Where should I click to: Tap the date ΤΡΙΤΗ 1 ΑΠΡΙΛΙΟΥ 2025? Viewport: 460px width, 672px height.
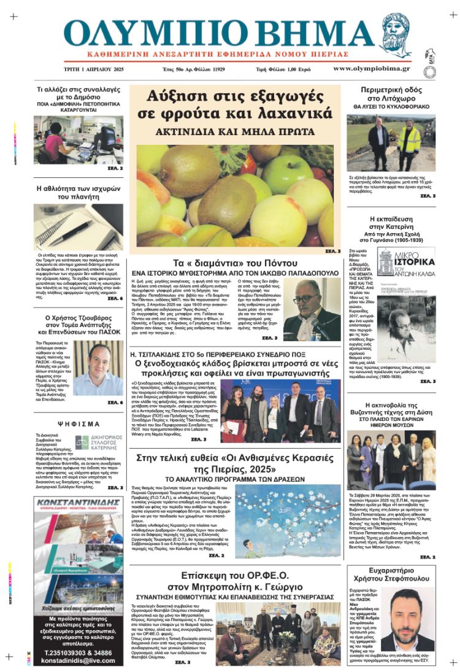click(x=94, y=69)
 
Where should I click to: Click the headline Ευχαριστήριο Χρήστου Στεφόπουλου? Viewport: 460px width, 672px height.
click(x=391, y=574)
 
